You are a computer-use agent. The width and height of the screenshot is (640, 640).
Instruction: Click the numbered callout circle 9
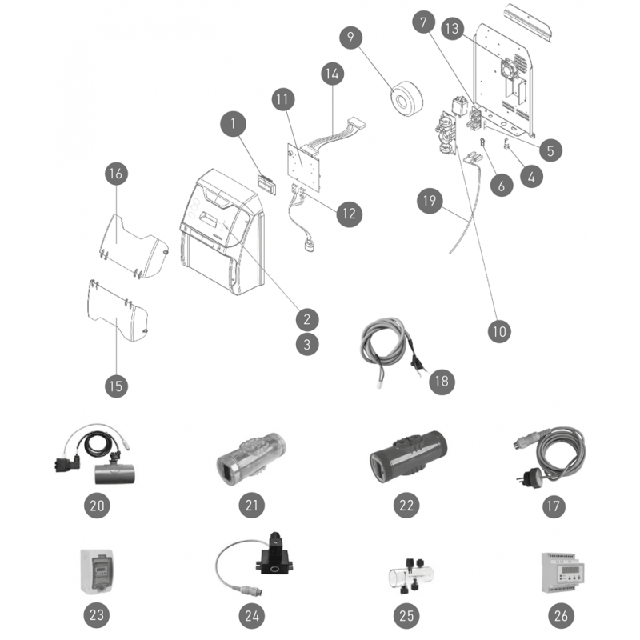click(x=350, y=38)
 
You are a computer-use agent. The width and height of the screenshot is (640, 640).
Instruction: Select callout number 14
click(x=332, y=74)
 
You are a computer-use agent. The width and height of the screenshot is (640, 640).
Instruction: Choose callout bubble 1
click(x=233, y=124)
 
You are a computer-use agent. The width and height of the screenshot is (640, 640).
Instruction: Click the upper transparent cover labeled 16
click(x=133, y=247)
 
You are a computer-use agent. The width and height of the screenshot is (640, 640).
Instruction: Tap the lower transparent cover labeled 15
click(x=118, y=310)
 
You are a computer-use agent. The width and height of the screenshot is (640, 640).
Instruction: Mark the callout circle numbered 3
click(x=307, y=344)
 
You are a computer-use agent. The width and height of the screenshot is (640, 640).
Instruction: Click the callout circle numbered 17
click(x=554, y=506)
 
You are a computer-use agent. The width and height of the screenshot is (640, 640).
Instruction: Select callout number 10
click(x=499, y=331)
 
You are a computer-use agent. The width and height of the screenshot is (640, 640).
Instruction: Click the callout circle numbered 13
click(x=452, y=29)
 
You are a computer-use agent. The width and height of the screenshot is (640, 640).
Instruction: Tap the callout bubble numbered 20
click(x=97, y=506)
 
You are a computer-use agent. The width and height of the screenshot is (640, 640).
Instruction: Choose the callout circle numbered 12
click(x=349, y=214)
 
